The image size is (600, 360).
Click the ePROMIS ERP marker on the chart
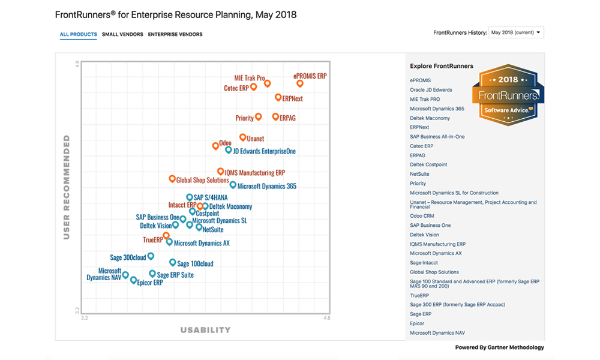coord(300,83)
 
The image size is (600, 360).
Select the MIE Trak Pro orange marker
coord(268,83)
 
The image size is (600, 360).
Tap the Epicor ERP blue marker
coord(134,279)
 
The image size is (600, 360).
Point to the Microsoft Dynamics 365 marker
coord(233,185)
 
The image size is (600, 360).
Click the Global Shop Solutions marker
coord(172,179)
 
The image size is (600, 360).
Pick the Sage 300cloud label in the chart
coord(128,257)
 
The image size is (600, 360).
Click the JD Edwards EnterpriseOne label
coord(264,152)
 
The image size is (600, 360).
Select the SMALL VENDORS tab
coord(122,34)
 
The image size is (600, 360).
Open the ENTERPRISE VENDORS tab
coord(175,34)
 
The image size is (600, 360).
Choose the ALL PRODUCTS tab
coord(78,34)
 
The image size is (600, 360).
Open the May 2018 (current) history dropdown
coord(516,32)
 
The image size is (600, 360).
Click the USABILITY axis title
coord(205,330)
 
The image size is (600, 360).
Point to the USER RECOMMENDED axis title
coord(67,187)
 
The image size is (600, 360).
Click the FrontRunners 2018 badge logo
coord(508,95)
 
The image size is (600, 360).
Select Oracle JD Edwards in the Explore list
coord(431,90)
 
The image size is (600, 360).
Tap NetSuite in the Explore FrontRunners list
coord(419,174)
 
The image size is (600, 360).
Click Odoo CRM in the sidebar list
coord(422,216)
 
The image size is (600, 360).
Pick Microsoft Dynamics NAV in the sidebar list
coord(437,333)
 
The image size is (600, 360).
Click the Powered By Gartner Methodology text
coord(499,347)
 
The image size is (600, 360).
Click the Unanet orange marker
coord(242,137)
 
